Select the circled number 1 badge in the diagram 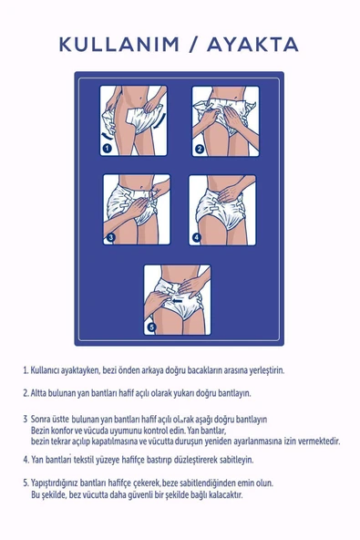(108, 148)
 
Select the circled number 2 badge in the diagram (200, 148)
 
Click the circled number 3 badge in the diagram (110, 237)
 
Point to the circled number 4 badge (196, 237)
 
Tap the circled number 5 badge (152, 326)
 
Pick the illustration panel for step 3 (136, 210)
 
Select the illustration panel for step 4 (222, 210)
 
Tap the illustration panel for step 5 (177, 299)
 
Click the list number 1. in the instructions (26, 371)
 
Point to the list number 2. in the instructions (26, 394)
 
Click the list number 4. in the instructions (26, 460)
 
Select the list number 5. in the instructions (26, 483)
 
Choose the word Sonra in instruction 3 (43, 418)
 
